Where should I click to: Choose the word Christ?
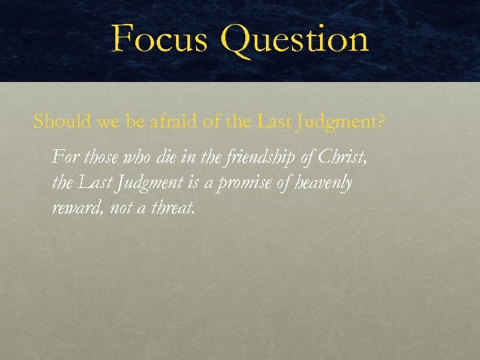tap(342, 157)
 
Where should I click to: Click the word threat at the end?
tap(173, 209)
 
